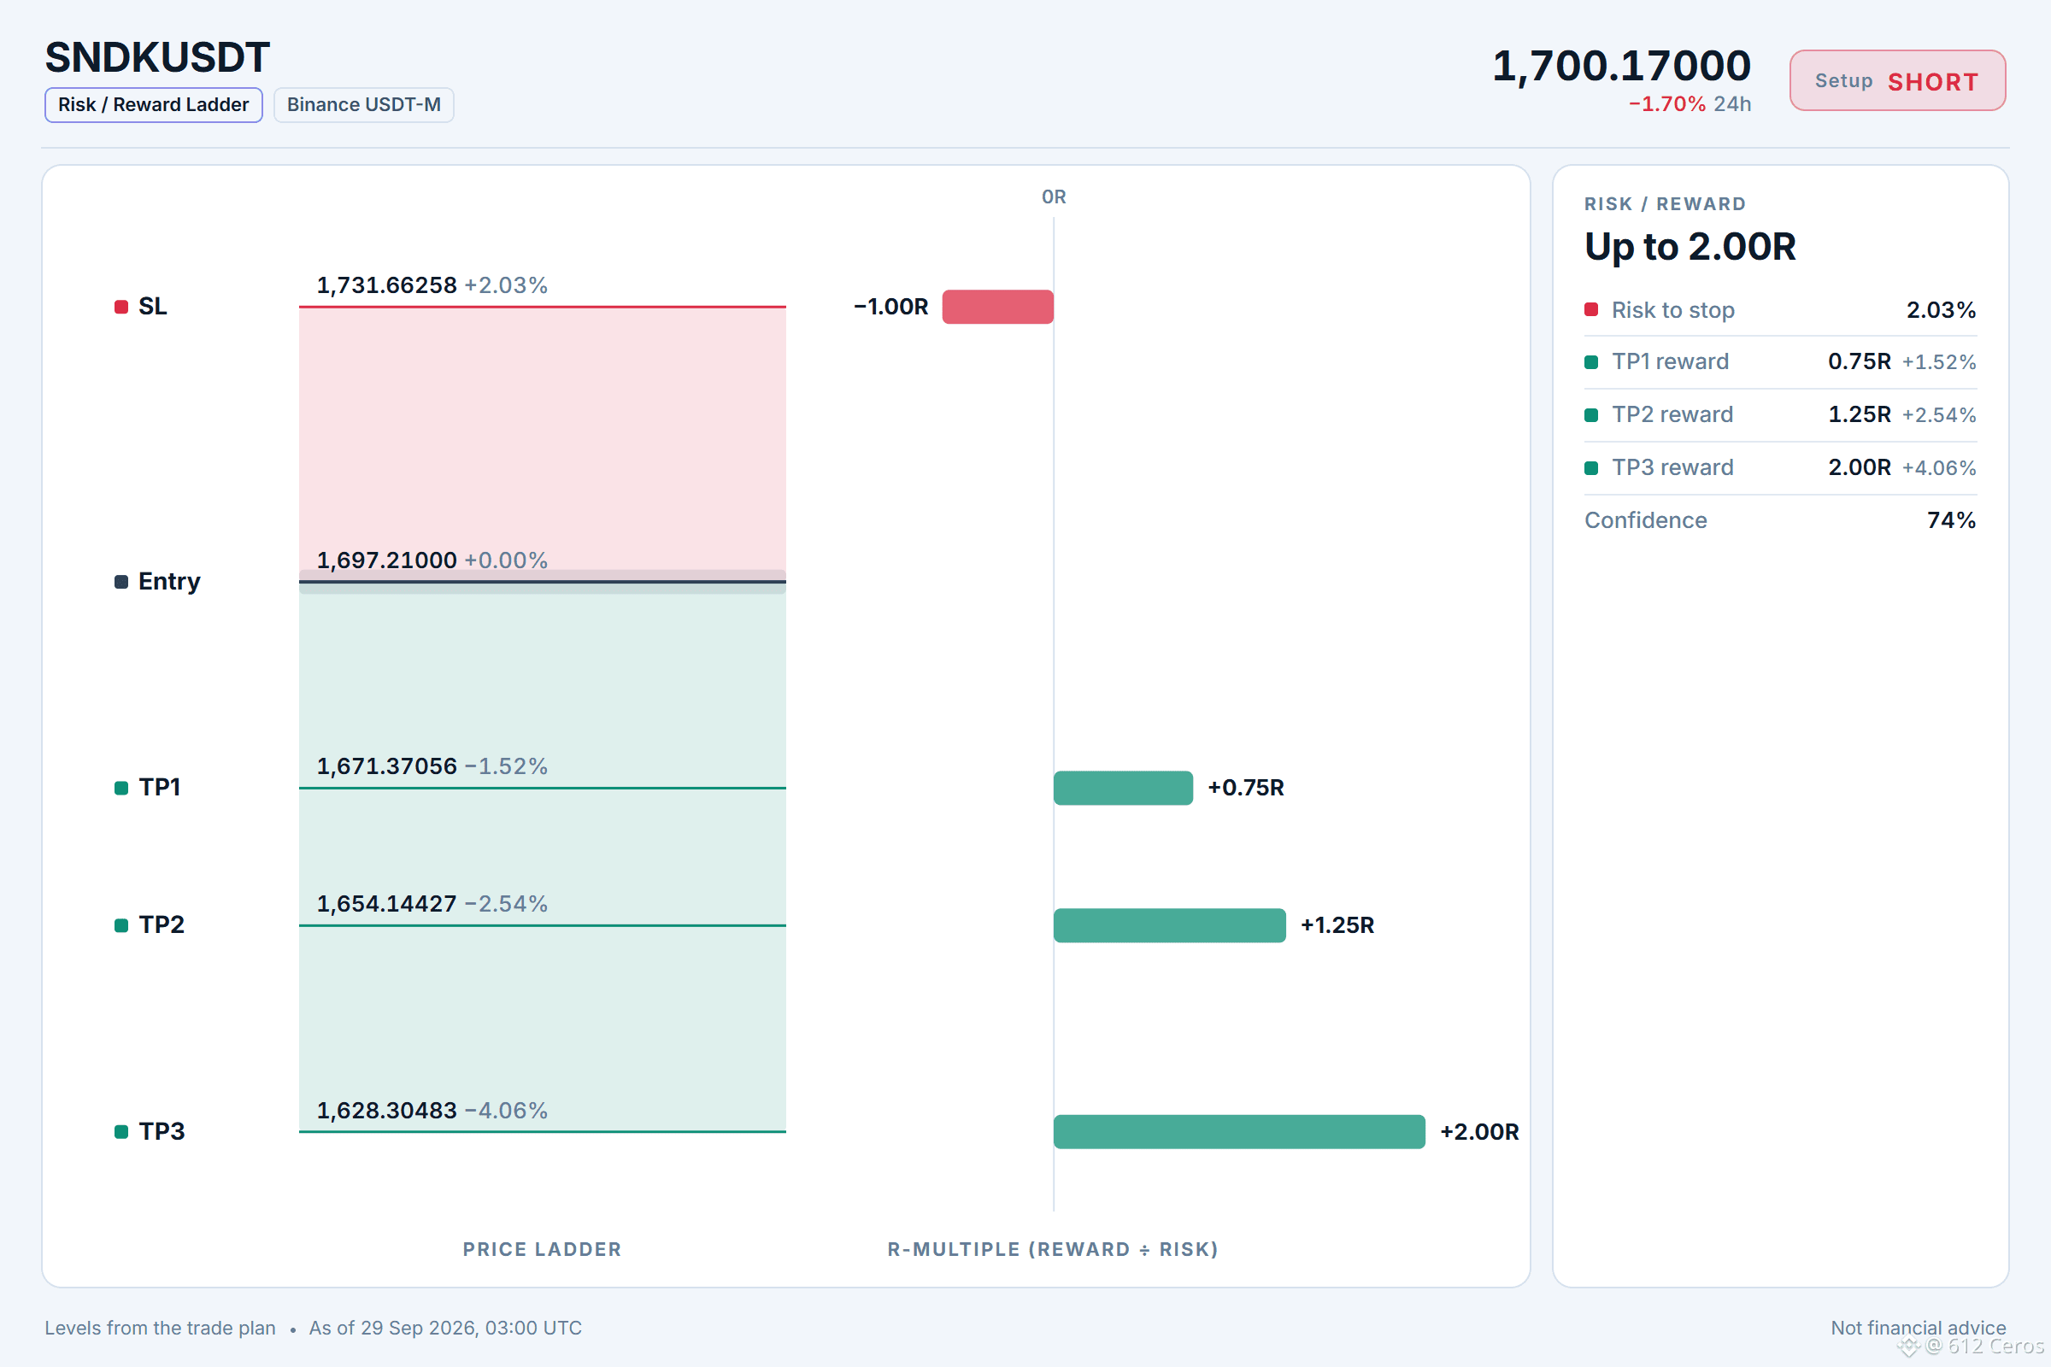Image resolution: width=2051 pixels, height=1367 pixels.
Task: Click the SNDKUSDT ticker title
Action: tap(158, 57)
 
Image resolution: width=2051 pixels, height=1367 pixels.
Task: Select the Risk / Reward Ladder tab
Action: tap(154, 104)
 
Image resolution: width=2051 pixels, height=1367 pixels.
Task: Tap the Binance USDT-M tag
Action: tap(364, 104)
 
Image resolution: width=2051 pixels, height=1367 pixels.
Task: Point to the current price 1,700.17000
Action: tap(1621, 66)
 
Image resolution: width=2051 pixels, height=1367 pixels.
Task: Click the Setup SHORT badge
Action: tap(1897, 81)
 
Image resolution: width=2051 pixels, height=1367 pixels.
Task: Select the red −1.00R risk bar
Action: tap(997, 307)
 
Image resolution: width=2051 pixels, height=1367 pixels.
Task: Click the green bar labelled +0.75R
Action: tap(1123, 788)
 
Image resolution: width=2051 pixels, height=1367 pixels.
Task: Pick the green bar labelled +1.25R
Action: tap(1169, 925)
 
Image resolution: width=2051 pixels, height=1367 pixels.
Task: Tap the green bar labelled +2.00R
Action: tap(1239, 1131)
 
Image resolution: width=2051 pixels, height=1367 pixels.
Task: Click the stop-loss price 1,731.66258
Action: tap(386, 285)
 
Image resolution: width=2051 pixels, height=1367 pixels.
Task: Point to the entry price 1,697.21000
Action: tap(386, 560)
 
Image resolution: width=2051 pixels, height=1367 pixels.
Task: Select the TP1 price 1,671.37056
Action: tap(386, 766)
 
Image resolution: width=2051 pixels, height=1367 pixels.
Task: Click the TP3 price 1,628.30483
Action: tap(386, 1111)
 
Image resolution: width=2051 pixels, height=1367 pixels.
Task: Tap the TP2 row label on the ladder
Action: tap(162, 925)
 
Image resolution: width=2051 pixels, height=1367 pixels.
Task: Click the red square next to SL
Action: tap(121, 307)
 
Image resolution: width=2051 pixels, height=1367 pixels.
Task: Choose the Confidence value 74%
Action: tap(1951, 520)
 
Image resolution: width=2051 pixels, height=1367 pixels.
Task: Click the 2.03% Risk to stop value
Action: tap(1941, 310)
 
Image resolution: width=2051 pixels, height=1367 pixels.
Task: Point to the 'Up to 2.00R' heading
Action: tap(1690, 247)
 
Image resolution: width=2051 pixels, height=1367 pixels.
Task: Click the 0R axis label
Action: tap(1054, 197)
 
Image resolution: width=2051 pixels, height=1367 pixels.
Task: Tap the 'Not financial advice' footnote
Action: tap(1919, 1328)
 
